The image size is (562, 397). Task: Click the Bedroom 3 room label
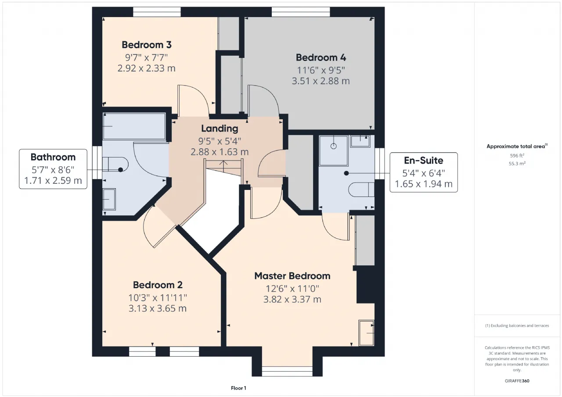point(147,45)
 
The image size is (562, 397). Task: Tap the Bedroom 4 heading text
point(321,57)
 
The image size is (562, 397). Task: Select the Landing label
point(220,129)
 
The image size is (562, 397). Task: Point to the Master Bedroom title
point(292,276)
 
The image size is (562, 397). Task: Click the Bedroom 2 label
point(158,285)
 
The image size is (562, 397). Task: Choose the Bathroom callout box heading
point(53,157)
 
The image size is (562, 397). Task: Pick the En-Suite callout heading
point(424,161)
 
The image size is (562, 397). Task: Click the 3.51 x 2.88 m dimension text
point(321,81)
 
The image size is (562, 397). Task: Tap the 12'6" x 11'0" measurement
point(292,289)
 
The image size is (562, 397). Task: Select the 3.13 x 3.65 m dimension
point(158,308)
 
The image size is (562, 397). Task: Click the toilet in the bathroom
point(115,165)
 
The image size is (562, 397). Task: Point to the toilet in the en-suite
point(361,190)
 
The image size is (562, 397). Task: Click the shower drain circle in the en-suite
point(333,146)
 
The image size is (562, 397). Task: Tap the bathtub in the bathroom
point(134,126)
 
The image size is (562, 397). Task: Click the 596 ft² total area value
point(517,156)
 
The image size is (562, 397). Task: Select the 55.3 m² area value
point(517,164)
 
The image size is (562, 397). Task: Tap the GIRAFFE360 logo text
point(517,381)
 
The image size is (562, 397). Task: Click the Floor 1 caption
point(238,388)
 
